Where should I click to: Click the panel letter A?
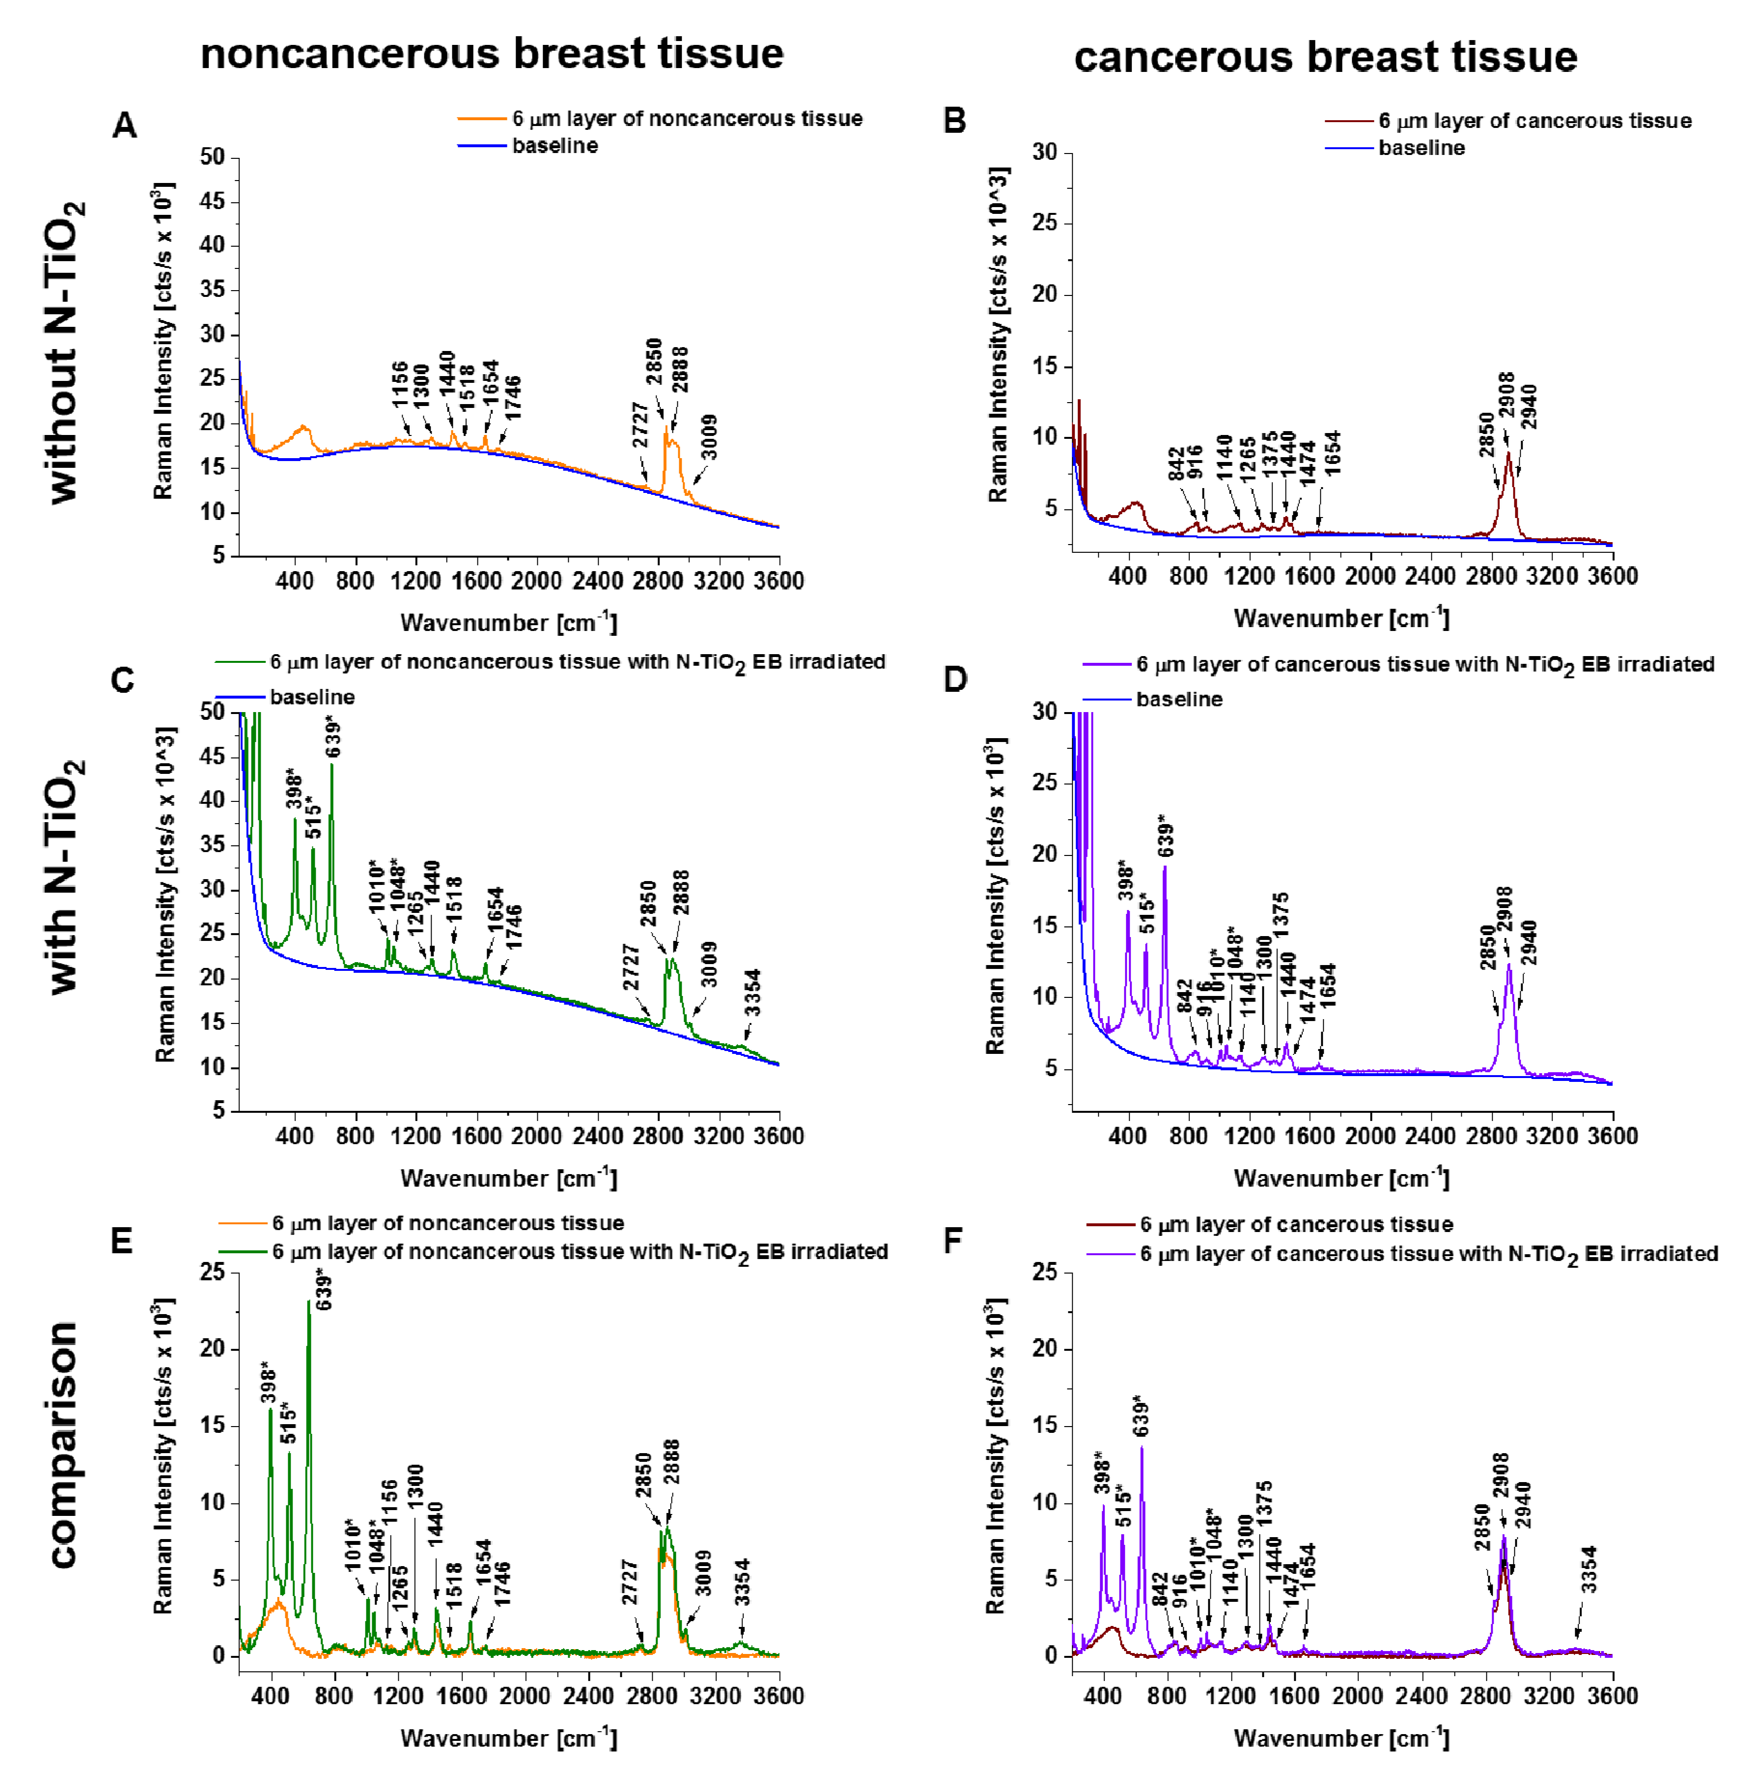pyautogui.click(x=125, y=125)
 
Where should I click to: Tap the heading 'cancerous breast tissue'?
pyautogui.click(x=1325, y=57)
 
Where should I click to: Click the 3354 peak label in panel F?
pyautogui.click(x=1589, y=1570)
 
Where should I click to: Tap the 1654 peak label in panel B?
pyautogui.click(x=1332, y=453)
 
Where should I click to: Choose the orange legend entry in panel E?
pyautogui.click(x=447, y=1224)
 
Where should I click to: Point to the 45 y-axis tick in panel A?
pyautogui.click(x=212, y=202)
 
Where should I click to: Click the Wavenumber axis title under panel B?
pyautogui.click(x=1341, y=618)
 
